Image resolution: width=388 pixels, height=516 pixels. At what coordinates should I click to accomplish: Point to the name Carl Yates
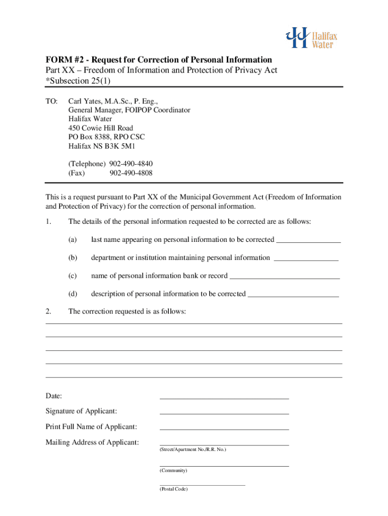83,101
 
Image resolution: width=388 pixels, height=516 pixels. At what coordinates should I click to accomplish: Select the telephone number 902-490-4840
131,164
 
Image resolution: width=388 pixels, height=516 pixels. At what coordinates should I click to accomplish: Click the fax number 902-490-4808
131,173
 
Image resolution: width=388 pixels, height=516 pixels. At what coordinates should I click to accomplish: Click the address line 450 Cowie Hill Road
101,128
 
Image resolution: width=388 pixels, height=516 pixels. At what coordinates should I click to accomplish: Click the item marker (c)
73,276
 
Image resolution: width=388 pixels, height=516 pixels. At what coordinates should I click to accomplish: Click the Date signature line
224,398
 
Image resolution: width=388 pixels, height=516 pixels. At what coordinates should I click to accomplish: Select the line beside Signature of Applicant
224,414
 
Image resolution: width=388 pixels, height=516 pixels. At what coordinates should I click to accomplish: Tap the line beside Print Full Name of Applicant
224,429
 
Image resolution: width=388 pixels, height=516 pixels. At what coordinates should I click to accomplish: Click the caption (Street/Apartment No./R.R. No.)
193,449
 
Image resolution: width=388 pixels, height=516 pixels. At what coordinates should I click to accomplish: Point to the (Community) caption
173,470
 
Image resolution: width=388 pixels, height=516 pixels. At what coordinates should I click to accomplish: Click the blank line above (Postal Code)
202,484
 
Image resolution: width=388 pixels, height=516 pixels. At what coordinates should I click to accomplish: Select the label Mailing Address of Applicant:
92,442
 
